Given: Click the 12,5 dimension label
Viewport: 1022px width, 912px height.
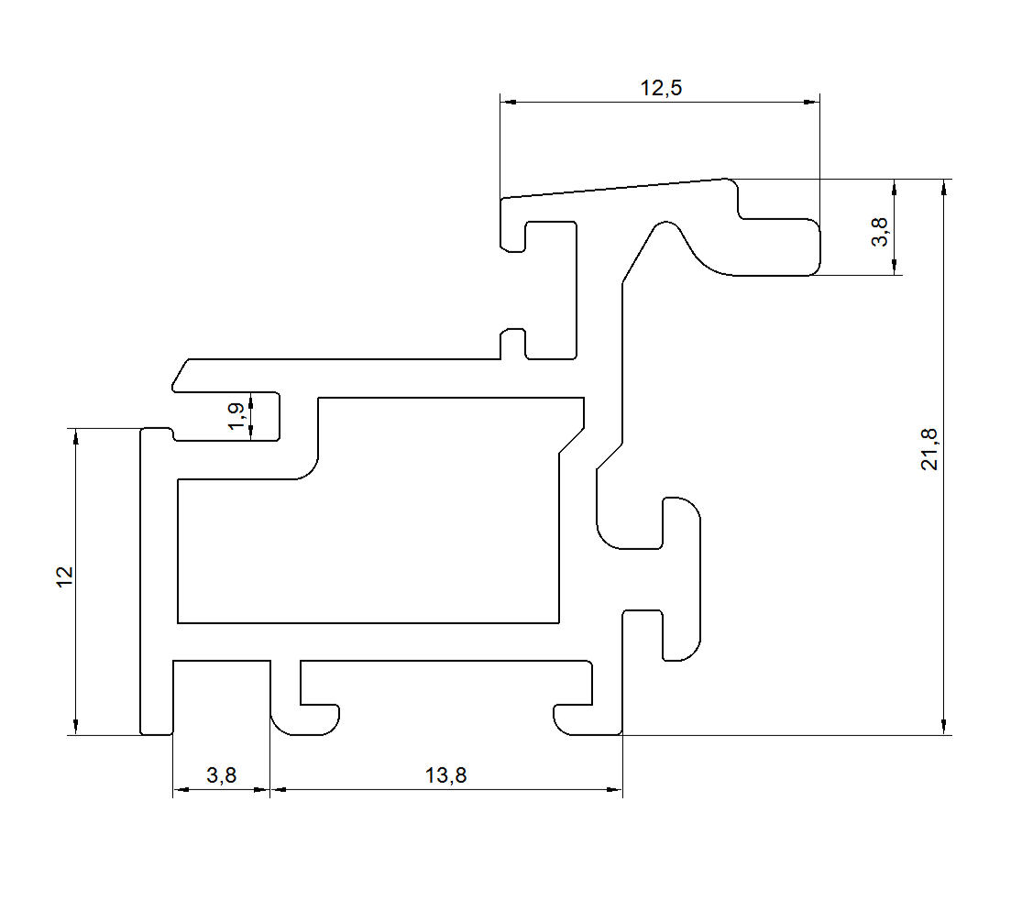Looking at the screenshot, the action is coord(661,87).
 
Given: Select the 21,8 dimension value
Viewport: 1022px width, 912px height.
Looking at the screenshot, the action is coord(929,449).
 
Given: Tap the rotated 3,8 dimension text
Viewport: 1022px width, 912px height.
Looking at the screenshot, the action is coord(879,231).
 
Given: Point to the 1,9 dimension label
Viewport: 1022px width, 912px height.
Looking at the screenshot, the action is coord(236,416).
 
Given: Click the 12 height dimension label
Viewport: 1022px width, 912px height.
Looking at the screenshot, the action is coord(64,577).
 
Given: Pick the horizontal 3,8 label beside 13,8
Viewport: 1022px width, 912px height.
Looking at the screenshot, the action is coord(221,775).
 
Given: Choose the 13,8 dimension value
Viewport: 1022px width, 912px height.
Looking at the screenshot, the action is coord(445,775).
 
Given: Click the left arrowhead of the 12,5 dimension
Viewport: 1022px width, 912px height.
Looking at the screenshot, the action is coord(509,103).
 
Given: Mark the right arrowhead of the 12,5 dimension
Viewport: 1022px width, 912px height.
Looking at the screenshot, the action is coord(811,103).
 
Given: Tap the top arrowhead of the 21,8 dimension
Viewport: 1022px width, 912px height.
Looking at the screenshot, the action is coord(944,187).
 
